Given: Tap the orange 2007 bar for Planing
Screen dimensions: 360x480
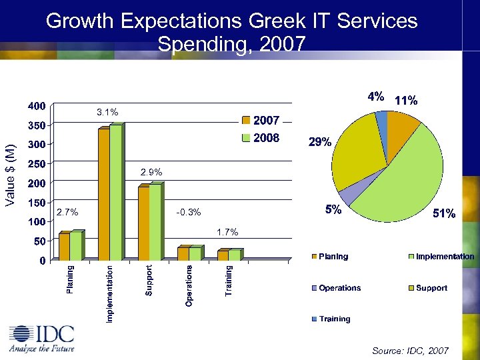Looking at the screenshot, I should [64, 246].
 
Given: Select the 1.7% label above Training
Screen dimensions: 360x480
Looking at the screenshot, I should [227, 232].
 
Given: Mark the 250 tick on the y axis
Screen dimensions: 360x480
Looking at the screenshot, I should [36, 163].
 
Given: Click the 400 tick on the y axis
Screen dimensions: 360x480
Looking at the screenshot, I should [36, 105].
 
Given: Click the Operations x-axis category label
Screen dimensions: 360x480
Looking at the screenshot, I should [189, 286].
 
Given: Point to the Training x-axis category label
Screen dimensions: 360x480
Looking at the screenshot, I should [229, 281].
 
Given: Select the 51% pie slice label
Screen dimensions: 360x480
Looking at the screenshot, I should [444, 213].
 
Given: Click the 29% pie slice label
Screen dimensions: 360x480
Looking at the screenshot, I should [319, 142].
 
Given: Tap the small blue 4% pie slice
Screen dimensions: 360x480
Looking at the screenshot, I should [382, 119].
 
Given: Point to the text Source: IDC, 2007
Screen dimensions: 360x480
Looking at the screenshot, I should [410, 351].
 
